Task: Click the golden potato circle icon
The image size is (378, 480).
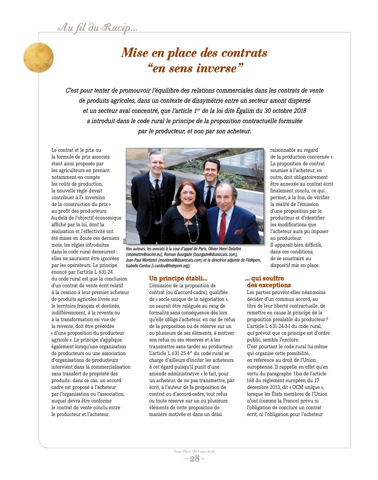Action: pos(38,58)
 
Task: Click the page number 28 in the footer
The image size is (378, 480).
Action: pos(194,458)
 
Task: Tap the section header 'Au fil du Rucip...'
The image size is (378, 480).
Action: pos(97,27)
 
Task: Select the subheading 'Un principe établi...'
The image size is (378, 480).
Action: pos(178,278)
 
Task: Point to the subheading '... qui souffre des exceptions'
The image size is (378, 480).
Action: pos(268,282)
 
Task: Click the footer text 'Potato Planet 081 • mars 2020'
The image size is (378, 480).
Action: pos(194,451)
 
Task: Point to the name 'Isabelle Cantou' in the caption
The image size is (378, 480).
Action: pos(138,266)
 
